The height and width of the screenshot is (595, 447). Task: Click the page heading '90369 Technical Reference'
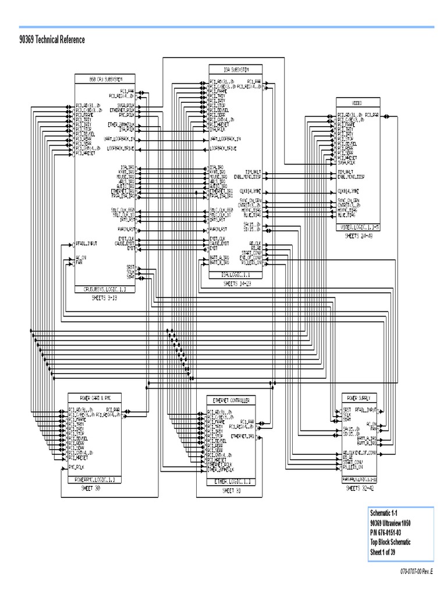click(x=52, y=40)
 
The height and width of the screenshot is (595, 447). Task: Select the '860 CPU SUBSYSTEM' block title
click(x=105, y=78)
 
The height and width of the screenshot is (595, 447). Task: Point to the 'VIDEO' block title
click(x=359, y=103)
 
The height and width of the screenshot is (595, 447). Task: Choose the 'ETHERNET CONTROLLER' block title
click(x=232, y=401)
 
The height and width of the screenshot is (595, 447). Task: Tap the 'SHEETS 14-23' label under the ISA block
click(x=236, y=283)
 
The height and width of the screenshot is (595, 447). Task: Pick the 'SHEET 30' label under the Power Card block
click(x=95, y=489)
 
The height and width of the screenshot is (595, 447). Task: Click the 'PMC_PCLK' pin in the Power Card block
click(x=79, y=466)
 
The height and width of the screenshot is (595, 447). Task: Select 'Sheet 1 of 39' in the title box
click(x=389, y=551)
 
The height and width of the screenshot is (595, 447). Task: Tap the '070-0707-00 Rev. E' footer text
click(x=417, y=572)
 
